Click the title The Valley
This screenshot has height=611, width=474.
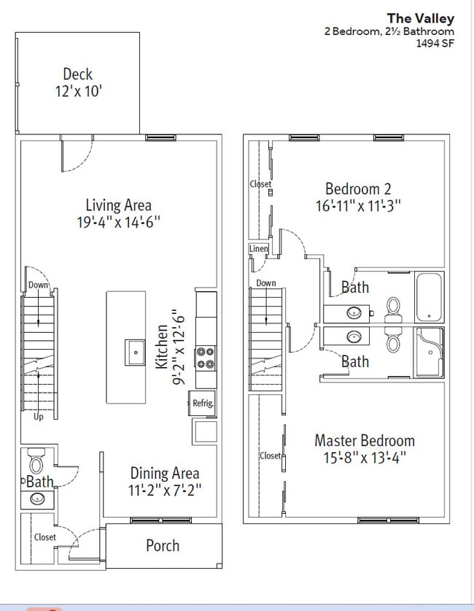(x=420, y=18)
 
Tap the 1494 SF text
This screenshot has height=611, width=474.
(x=435, y=43)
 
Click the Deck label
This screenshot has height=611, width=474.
(x=78, y=74)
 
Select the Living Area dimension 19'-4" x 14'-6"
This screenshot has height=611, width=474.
(x=119, y=222)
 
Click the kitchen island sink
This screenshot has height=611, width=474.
(x=135, y=353)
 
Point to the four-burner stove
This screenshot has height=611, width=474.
(x=206, y=358)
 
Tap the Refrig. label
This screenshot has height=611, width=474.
(x=203, y=403)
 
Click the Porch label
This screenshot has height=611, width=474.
(x=163, y=545)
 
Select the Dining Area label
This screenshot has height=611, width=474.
(x=165, y=473)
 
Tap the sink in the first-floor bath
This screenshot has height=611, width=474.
(x=37, y=498)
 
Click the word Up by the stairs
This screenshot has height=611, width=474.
(x=38, y=417)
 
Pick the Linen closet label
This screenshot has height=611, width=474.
(x=258, y=249)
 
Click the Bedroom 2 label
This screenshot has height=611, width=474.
(x=358, y=189)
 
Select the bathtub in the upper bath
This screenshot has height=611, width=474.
(x=429, y=297)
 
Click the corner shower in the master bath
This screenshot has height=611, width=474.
(x=430, y=353)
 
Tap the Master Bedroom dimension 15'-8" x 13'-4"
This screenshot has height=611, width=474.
(x=365, y=457)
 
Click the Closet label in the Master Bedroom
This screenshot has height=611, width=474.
(x=270, y=456)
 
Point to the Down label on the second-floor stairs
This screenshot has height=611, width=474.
(x=266, y=283)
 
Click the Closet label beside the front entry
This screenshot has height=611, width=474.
(x=45, y=537)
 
